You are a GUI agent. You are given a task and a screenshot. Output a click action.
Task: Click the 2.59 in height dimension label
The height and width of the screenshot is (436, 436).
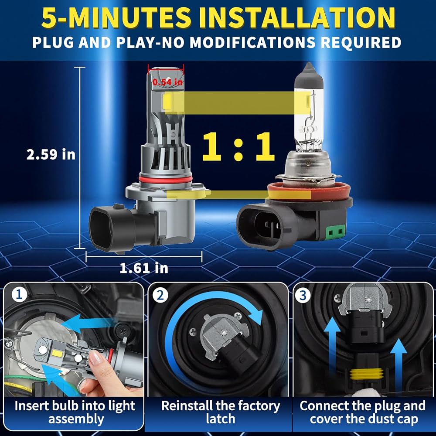coord(51,154)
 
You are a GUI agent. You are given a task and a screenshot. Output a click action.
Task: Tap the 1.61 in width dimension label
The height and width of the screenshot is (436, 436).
coord(144,268)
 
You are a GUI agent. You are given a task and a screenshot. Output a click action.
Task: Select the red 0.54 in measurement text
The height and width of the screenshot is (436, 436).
coord(168,82)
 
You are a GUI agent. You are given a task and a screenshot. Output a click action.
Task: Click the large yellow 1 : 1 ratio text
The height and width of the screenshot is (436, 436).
coord(238,146)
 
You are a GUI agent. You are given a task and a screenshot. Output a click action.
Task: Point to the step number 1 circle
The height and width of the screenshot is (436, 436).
coord(19,295)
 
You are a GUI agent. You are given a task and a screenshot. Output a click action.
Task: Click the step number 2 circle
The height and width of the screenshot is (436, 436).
coord(160,295)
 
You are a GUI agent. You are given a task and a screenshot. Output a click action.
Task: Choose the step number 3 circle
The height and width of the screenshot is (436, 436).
coord(303,295)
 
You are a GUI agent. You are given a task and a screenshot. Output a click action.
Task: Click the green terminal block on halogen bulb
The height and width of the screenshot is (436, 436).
coord(335,232)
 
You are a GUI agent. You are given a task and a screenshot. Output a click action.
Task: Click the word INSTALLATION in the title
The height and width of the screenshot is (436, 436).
coord(297,18)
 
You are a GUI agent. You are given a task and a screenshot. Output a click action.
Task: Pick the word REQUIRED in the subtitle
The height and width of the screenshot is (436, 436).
coord(361,43)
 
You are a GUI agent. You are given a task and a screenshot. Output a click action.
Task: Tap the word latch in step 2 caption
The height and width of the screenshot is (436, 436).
coord(221,419)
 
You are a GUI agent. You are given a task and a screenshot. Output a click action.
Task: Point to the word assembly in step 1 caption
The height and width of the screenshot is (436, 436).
coord(76,419)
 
